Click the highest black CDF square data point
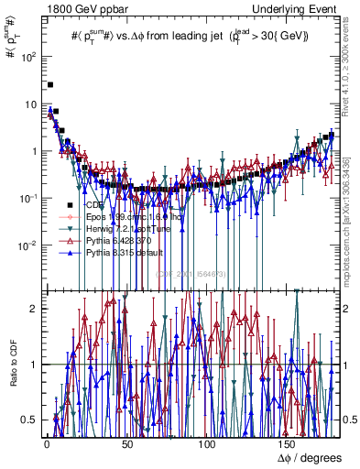[x=50, y=84]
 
